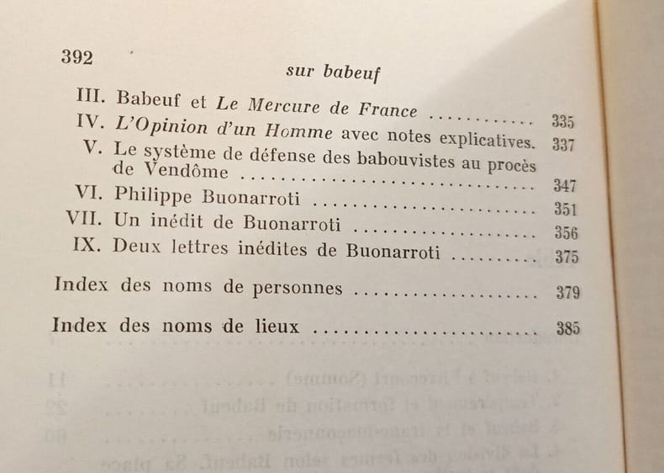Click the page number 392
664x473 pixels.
click(x=76, y=57)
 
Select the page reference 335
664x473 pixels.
click(x=563, y=120)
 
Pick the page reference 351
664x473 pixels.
click(x=566, y=209)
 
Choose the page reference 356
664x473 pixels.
click(x=567, y=232)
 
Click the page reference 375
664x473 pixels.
click(x=567, y=257)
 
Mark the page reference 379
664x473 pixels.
click(x=568, y=294)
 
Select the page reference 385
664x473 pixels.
click(x=568, y=329)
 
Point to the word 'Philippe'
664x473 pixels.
click(x=155, y=198)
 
